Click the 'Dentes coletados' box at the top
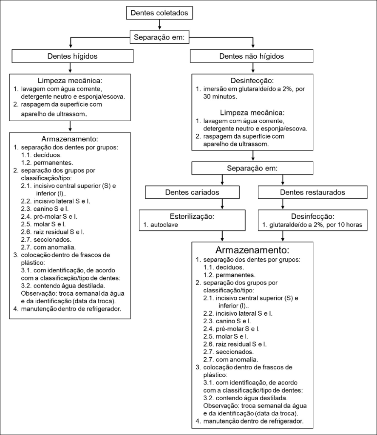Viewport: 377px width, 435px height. [x=159, y=13]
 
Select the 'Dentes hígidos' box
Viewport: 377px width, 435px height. [x=72, y=56]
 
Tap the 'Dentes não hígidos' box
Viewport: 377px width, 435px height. [x=252, y=56]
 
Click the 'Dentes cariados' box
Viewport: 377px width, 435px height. [x=192, y=192]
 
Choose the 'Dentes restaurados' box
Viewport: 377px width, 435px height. [x=312, y=192]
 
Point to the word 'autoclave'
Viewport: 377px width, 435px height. [x=164, y=225]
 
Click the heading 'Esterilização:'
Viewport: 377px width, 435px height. [x=192, y=216]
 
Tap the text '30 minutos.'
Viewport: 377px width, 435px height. [x=220, y=97]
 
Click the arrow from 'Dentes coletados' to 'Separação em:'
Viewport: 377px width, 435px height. [x=159, y=25]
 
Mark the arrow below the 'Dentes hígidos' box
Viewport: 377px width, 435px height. [x=70, y=68]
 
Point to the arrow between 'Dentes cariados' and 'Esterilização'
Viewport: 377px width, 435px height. [x=222, y=204]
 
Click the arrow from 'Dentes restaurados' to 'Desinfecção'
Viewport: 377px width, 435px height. [x=283, y=204]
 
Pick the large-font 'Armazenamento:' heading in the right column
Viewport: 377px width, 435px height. [x=252, y=250]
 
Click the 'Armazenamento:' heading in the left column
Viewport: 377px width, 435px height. [x=70, y=139]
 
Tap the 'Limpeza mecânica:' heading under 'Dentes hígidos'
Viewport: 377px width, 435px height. [x=70, y=81]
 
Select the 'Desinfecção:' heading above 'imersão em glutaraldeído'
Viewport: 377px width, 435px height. [x=252, y=81]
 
